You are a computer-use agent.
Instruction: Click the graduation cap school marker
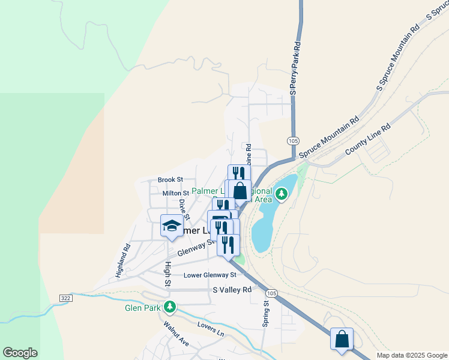click(x=172, y=226)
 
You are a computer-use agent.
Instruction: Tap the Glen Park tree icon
click(x=170, y=307)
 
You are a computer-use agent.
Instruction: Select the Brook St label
click(x=170, y=179)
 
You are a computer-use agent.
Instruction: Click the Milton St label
click(x=175, y=193)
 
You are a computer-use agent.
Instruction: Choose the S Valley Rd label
click(x=232, y=290)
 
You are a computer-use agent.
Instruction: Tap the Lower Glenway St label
click(x=210, y=275)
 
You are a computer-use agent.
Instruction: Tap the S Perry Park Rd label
click(x=294, y=67)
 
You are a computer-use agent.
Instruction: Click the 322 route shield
click(x=66, y=298)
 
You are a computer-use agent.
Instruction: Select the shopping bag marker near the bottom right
click(x=342, y=338)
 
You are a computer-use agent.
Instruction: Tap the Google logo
click(x=20, y=353)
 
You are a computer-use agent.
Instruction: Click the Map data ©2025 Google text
click(x=411, y=355)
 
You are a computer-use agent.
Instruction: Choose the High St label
click(x=168, y=274)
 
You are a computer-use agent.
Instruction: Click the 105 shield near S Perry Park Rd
click(x=293, y=140)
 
